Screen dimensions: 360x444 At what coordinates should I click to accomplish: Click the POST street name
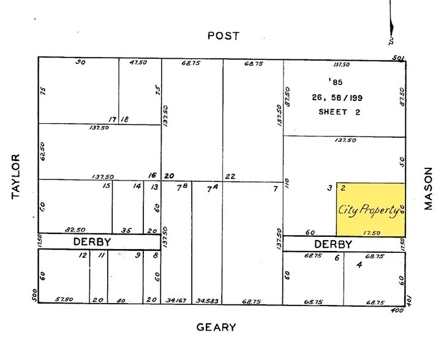(x=222, y=36)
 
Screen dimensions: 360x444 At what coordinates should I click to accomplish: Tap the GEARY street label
(x=216, y=327)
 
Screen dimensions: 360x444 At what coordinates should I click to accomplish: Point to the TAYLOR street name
(x=17, y=178)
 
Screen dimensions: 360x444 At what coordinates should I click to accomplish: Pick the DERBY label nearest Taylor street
(x=92, y=242)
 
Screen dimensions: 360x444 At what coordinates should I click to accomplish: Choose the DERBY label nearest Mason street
(x=333, y=244)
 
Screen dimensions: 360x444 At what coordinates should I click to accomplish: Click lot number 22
(x=230, y=175)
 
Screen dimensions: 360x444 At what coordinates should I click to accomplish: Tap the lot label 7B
(x=181, y=187)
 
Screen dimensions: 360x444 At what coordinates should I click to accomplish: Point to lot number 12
(x=83, y=255)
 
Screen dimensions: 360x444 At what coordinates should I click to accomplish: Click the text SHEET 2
(x=341, y=112)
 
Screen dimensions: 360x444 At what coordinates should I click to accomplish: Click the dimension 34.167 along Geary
(x=176, y=301)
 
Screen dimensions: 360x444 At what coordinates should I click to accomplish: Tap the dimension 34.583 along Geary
(x=207, y=301)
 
